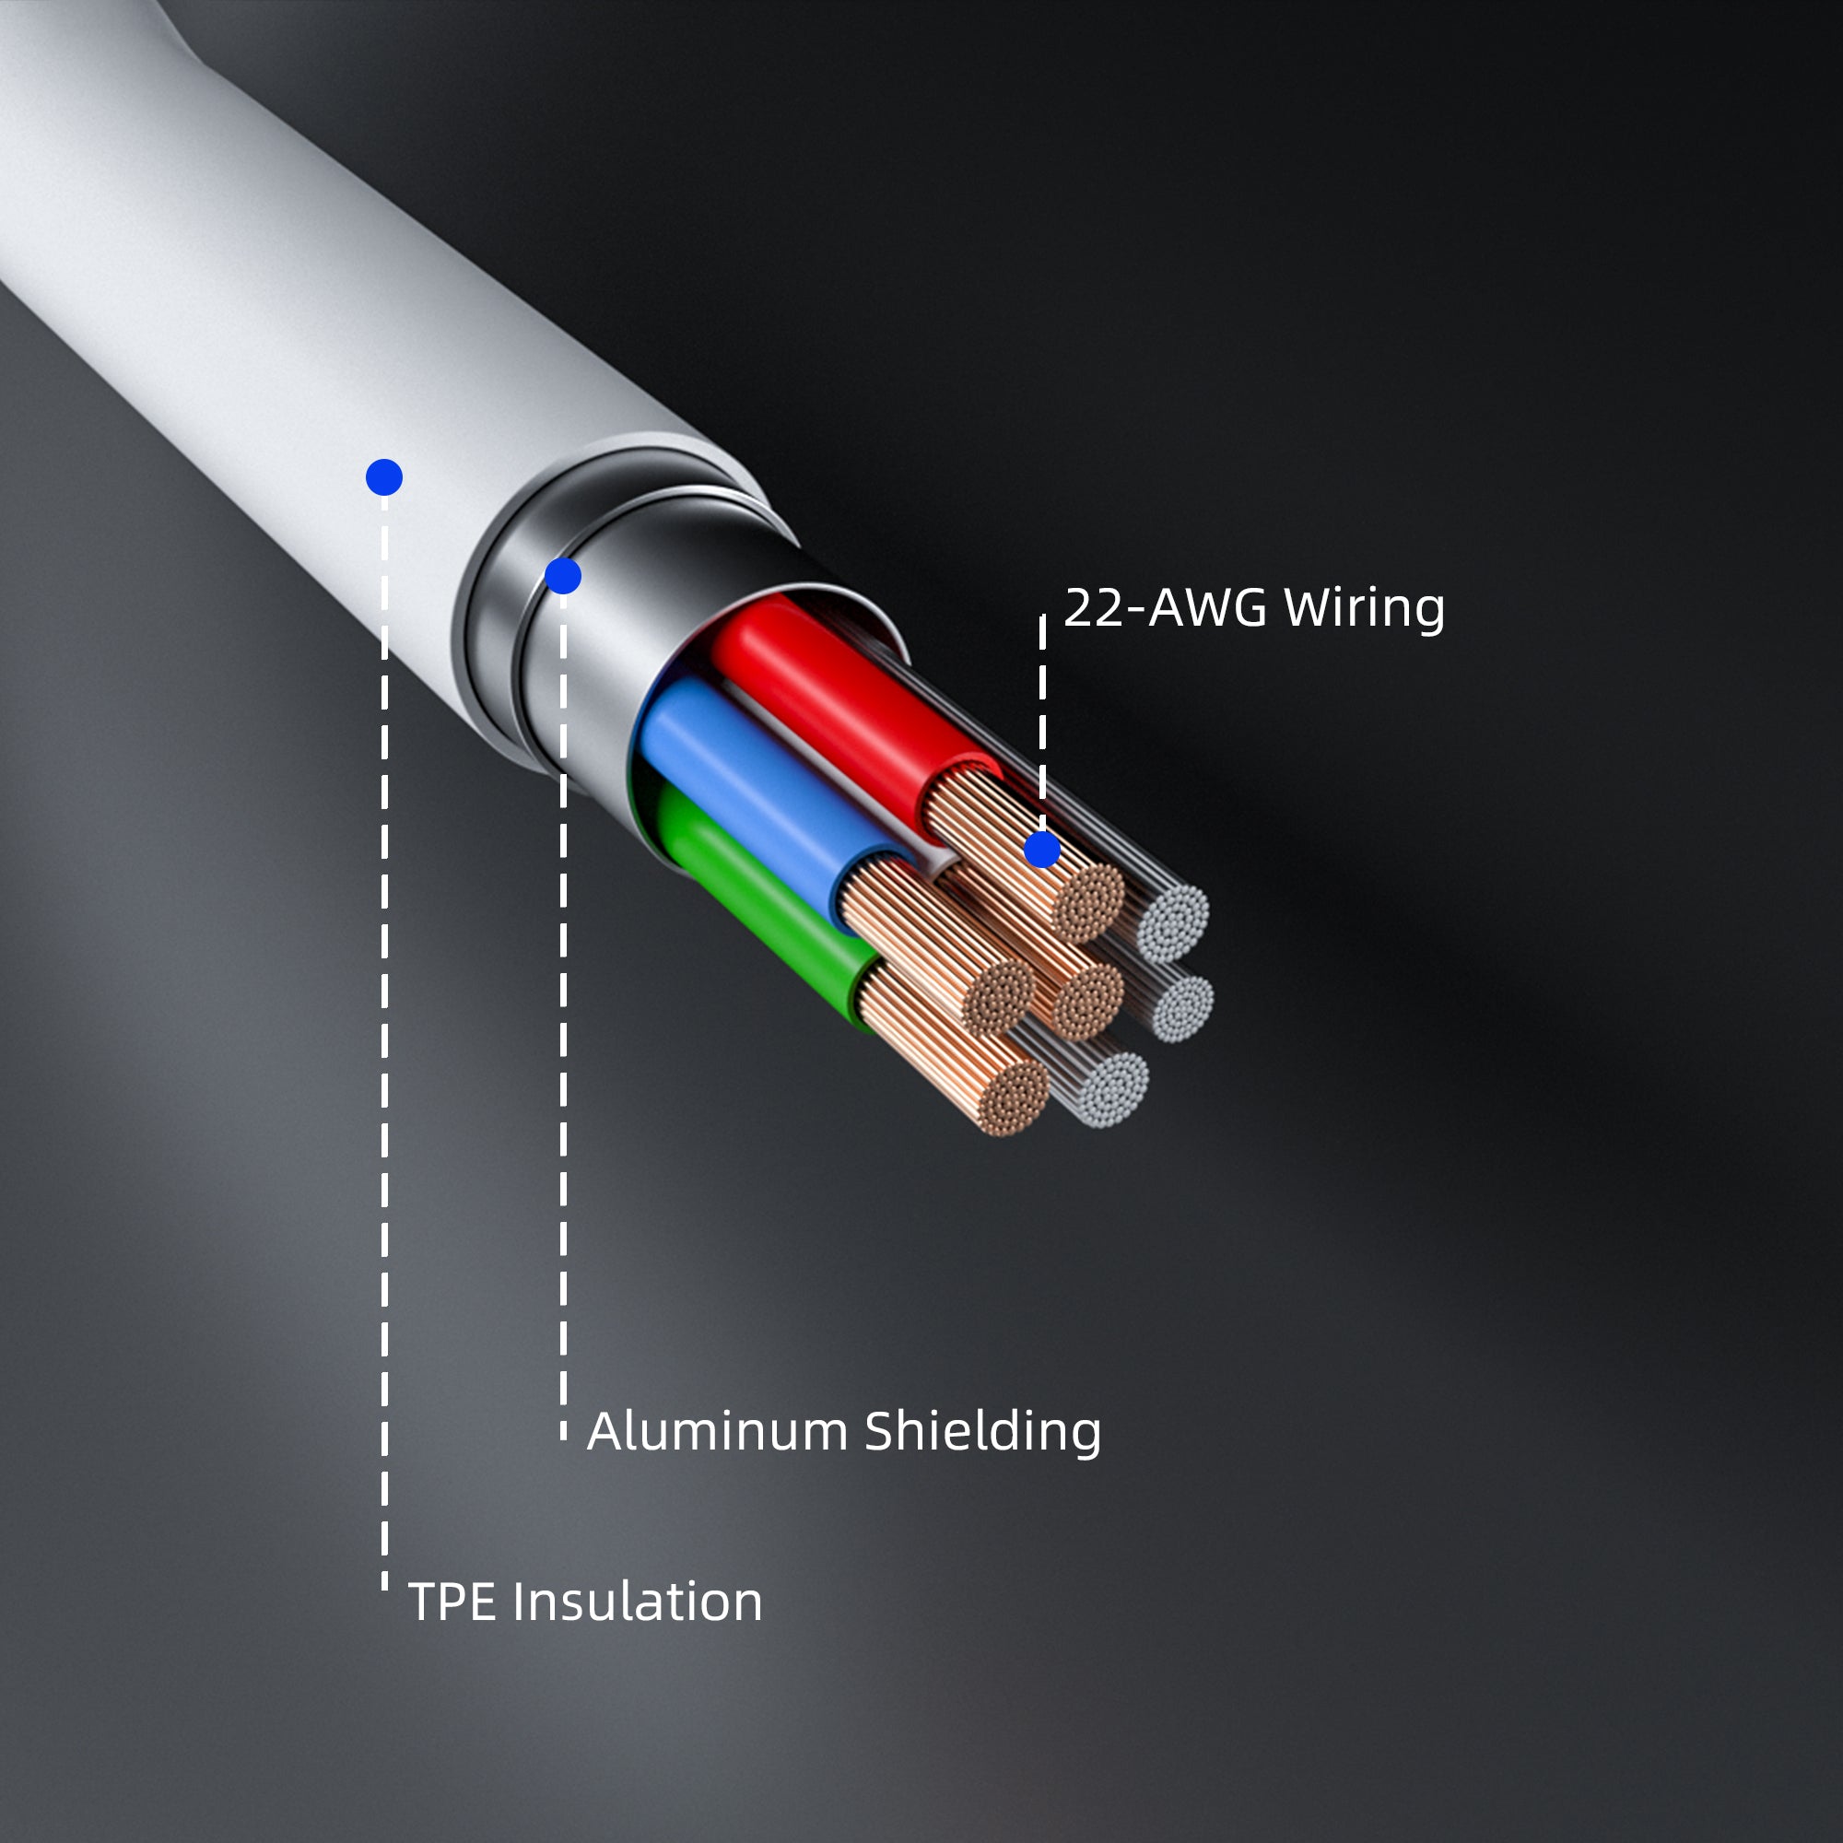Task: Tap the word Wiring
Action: [x=1363, y=609]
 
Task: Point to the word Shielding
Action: [x=982, y=1432]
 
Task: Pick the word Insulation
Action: [x=638, y=1602]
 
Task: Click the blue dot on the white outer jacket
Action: [x=384, y=477]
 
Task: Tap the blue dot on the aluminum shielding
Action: [x=563, y=576]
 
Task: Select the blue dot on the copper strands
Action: [x=1041, y=849]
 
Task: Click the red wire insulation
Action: [x=839, y=697]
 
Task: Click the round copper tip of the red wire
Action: [x=1088, y=902]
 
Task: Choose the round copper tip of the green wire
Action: [x=1015, y=1099]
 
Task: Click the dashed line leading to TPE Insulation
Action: [x=384, y=1050]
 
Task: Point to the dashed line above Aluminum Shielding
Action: [x=563, y=1050]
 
